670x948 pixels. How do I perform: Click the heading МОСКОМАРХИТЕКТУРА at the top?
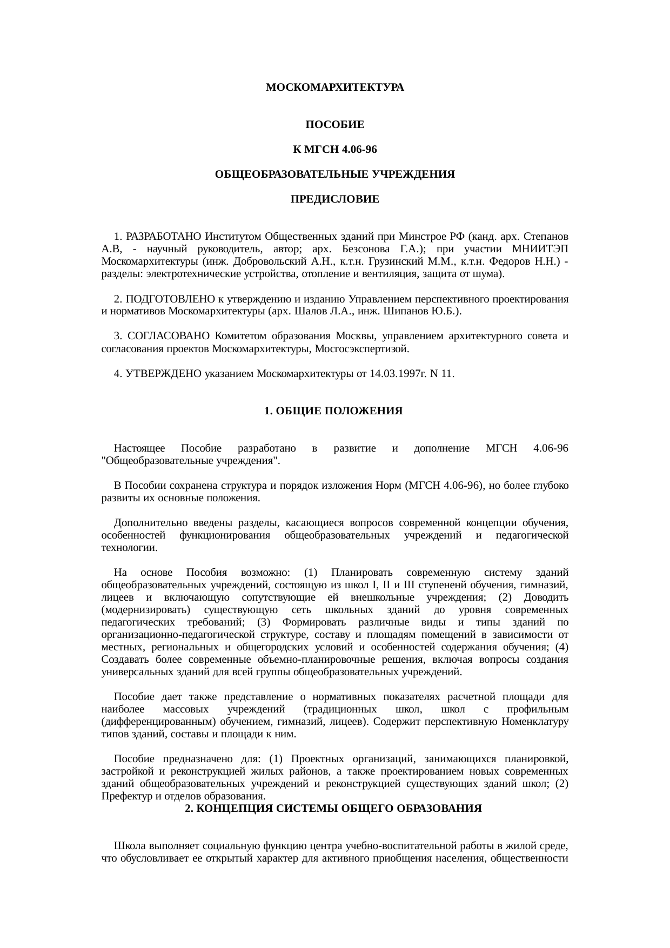tap(334, 87)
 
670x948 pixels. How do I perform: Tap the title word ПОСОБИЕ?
tap(334, 125)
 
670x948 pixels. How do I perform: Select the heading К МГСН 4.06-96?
tap(334, 150)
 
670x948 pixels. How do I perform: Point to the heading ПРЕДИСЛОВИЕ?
tap(334, 200)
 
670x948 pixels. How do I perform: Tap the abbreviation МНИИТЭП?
tap(543, 250)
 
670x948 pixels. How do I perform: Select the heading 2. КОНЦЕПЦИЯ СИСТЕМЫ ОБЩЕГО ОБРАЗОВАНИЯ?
tap(333, 809)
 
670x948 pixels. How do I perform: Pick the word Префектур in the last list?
tap(123, 796)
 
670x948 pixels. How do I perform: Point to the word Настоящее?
tap(139, 449)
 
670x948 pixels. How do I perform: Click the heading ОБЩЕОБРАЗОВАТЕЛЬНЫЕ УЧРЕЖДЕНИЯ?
tap(334, 175)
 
